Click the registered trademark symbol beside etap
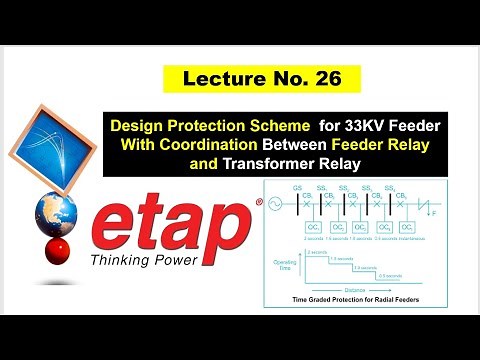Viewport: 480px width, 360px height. [x=259, y=204]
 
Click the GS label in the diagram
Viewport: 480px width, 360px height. [x=294, y=189]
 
